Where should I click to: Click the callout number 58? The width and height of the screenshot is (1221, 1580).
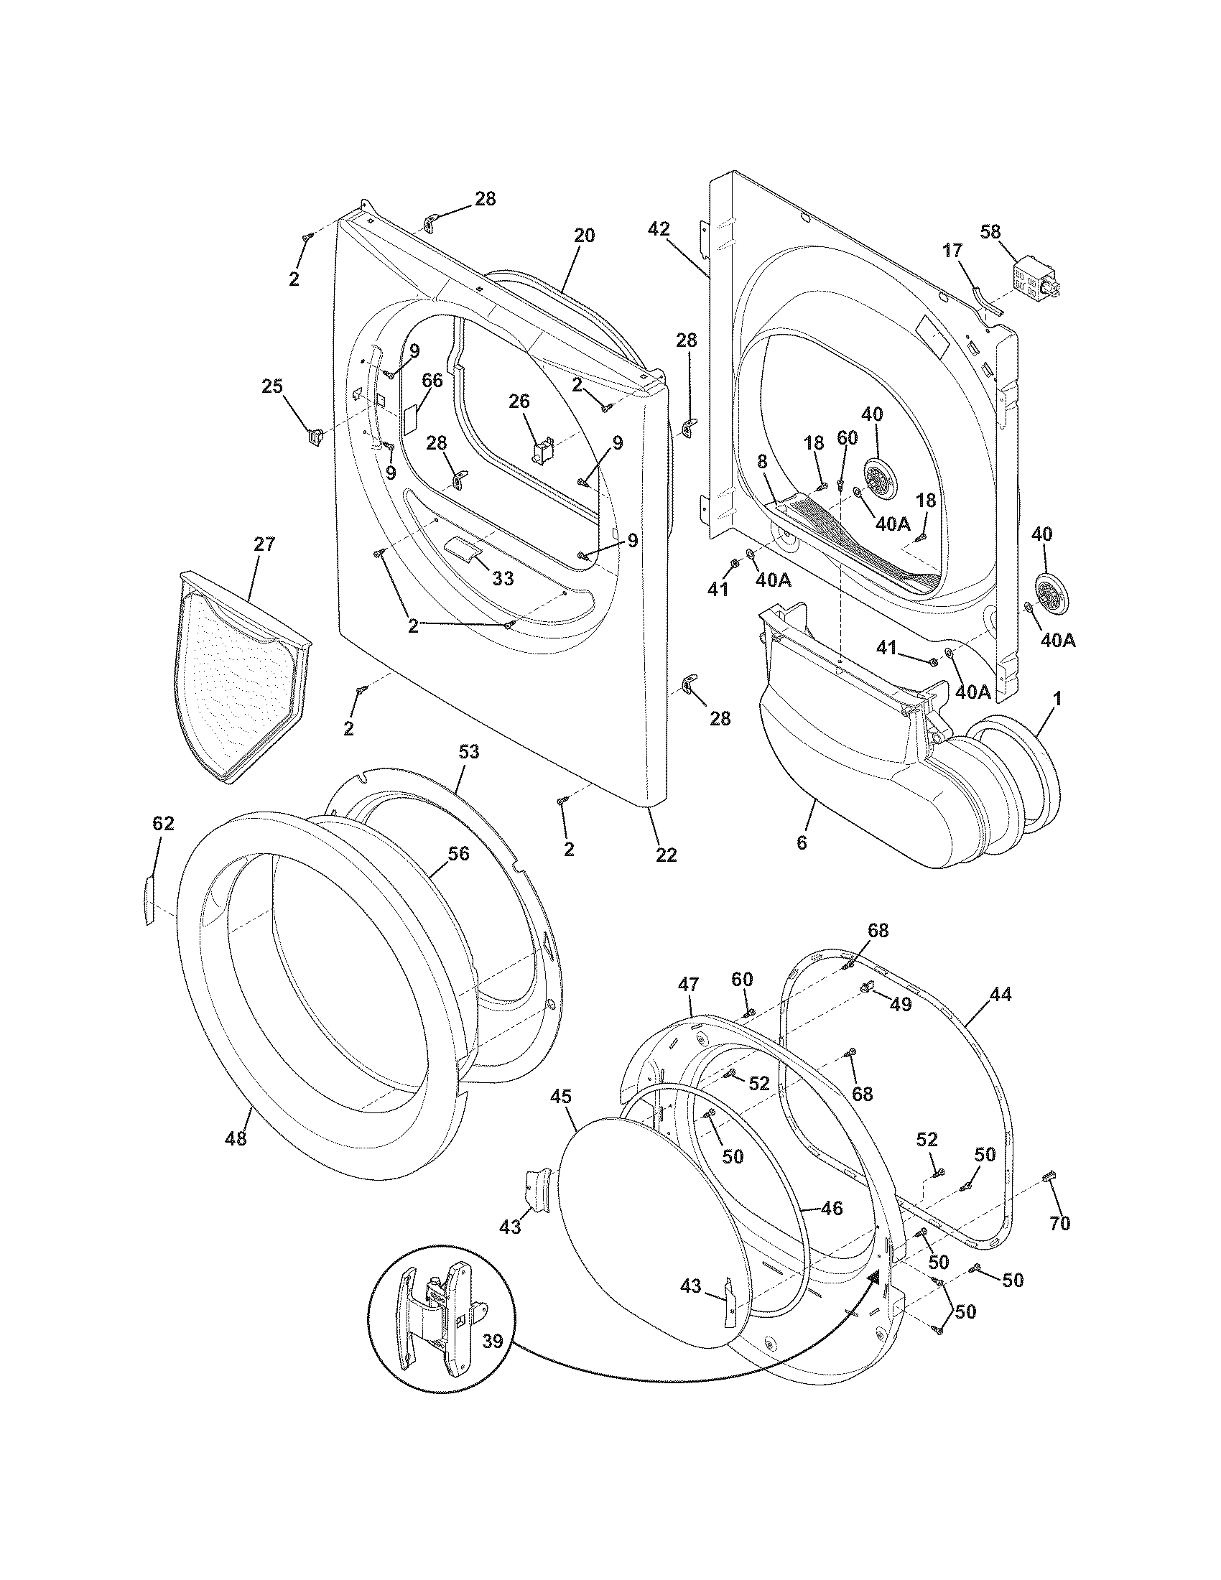(x=990, y=231)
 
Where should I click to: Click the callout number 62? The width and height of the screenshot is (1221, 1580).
(x=164, y=822)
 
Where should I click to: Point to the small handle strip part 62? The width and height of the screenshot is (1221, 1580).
(x=148, y=899)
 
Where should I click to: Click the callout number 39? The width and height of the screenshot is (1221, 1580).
(x=492, y=1341)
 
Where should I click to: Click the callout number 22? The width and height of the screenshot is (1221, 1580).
(x=666, y=855)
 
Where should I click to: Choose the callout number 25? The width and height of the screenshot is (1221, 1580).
(x=272, y=386)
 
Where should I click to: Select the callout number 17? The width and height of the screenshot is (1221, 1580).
(x=953, y=251)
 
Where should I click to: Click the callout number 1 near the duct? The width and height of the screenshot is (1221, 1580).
(x=1057, y=699)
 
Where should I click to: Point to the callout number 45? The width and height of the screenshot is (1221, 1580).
(x=560, y=1097)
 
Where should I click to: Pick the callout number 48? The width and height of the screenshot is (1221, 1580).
(x=236, y=1138)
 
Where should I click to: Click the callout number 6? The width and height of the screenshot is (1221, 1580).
(x=802, y=842)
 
